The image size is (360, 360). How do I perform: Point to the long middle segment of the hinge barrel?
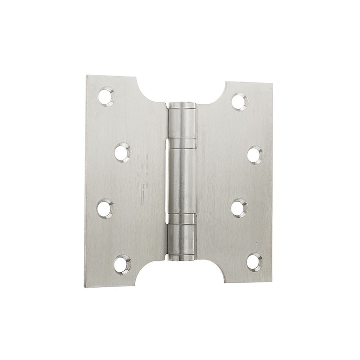point(183,180)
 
